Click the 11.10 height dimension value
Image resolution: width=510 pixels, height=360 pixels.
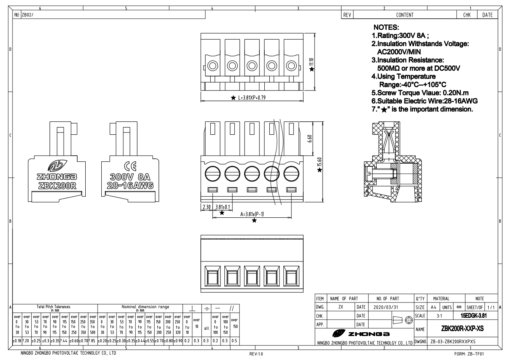[x=311, y=62]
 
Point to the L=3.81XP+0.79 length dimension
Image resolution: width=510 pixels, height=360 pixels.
[x=251, y=98]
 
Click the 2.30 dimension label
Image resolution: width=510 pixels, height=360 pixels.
[x=206, y=207]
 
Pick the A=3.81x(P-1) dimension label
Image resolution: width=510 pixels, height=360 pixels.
[x=252, y=214]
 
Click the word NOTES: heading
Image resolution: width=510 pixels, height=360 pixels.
[x=386, y=27]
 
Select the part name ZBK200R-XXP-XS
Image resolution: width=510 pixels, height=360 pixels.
[x=463, y=328]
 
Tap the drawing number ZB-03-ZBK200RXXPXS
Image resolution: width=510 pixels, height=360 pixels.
[x=453, y=341]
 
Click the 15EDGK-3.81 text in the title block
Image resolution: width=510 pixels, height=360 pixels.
[x=474, y=316]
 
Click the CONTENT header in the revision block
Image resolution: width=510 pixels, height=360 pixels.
[x=405, y=15]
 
